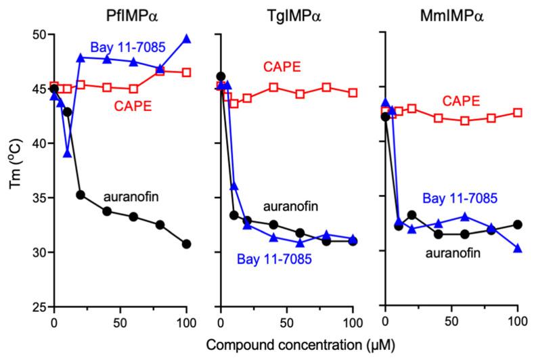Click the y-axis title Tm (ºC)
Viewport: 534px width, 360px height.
(12, 171)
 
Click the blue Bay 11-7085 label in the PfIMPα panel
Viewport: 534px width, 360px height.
(123, 47)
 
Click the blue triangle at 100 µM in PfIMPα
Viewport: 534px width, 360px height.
(187, 39)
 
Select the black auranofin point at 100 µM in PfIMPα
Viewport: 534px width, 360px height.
(187, 244)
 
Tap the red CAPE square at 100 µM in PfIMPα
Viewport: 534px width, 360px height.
(187, 72)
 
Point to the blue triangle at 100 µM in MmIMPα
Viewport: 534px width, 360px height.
(518, 248)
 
